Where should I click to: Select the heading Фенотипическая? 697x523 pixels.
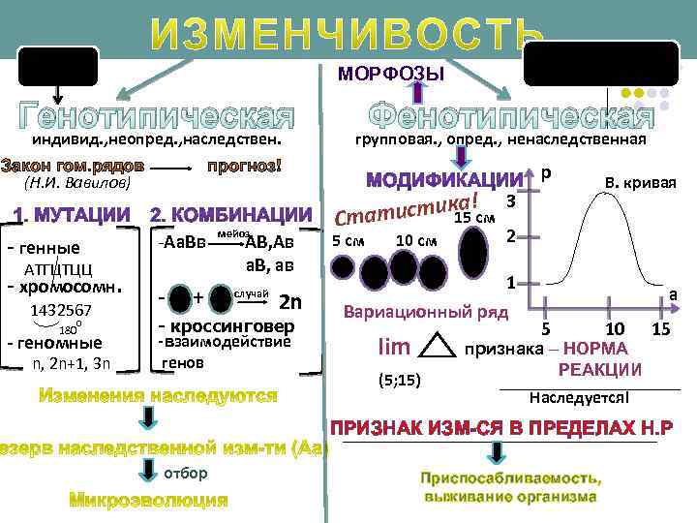point(514,116)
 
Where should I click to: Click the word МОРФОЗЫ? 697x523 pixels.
point(391,75)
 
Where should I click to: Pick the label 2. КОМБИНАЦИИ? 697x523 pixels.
point(231,213)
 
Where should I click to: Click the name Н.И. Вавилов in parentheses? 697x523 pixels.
point(69,183)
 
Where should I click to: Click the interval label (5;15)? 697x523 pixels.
point(397,379)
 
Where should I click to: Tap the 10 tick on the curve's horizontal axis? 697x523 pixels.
point(614,330)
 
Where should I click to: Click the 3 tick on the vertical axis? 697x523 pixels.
point(510,200)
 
